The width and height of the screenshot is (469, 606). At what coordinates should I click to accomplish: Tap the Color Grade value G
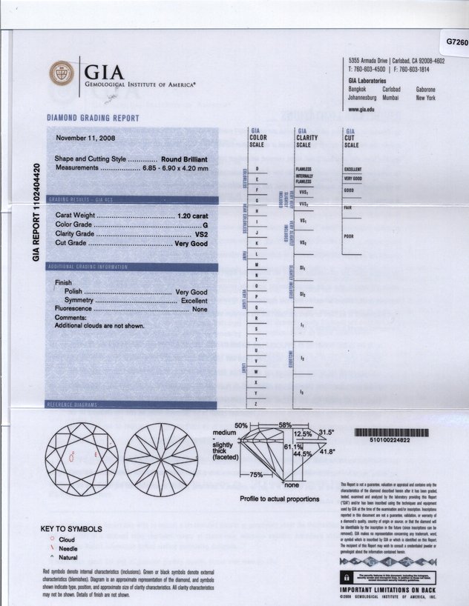[x=205, y=224]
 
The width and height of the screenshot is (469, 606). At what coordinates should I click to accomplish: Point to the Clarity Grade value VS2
[x=200, y=233]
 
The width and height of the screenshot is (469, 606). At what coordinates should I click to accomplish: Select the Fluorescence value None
[x=200, y=309]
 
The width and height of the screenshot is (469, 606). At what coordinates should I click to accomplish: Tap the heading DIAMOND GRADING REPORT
[x=93, y=118]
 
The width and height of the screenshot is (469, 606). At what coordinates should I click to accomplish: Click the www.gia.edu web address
[x=361, y=109]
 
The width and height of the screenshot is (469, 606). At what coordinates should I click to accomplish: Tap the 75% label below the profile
[x=256, y=473]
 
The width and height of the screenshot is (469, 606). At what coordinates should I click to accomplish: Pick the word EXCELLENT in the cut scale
[x=353, y=169]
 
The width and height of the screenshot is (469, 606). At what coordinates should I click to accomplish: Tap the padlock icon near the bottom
[x=346, y=575]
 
